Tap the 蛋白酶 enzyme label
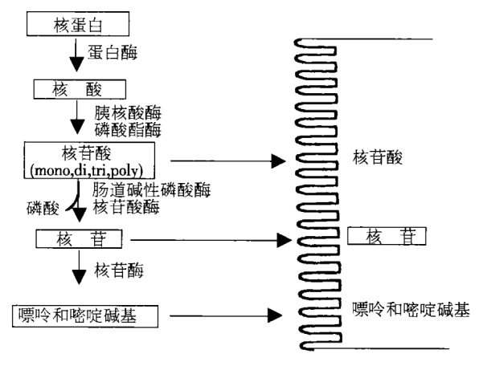click(x=113, y=52)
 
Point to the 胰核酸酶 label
click(x=128, y=113)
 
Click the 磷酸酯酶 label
click(x=128, y=130)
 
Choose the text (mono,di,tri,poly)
click(x=87, y=170)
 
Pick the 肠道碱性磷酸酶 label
click(x=152, y=190)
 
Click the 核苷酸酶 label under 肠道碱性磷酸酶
click(x=126, y=207)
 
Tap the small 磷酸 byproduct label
click(x=43, y=209)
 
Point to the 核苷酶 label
click(x=119, y=270)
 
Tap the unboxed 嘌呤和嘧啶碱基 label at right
click(x=411, y=310)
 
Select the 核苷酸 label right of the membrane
click(x=378, y=157)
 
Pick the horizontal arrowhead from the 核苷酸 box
click(x=278, y=161)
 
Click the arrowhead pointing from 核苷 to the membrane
click(x=284, y=240)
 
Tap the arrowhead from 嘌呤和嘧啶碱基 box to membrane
click(x=275, y=315)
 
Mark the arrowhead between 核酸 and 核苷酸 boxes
click(x=77, y=127)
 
